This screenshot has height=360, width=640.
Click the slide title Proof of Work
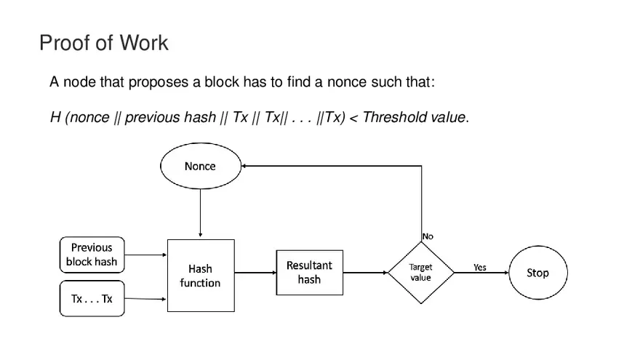103,43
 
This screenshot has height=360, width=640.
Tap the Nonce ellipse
200,167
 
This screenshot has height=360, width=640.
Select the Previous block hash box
92,255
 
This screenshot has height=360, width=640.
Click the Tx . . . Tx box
92,299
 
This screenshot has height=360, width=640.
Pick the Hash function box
200,276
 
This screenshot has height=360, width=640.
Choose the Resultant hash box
309,273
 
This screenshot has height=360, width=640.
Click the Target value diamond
420,273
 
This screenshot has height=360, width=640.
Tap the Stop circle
537,273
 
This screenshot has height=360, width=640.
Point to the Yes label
480,267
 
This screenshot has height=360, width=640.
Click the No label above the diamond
428,236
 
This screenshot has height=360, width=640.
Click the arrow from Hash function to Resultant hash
255,273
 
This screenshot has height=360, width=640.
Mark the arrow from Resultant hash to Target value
365,273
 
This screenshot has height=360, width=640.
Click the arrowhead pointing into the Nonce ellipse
246,166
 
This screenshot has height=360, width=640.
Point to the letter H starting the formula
55,117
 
